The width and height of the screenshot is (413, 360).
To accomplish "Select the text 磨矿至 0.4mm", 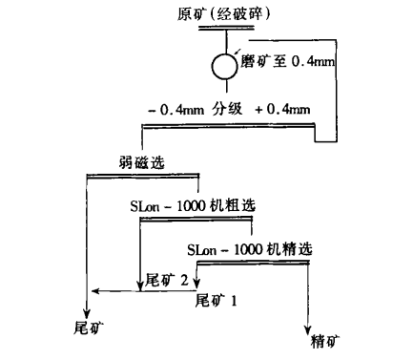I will point(287,62).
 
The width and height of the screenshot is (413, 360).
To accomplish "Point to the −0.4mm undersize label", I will point(176,111).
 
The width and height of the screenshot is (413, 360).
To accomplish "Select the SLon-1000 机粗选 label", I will point(195,205).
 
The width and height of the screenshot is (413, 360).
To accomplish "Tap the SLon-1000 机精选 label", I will point(250,251).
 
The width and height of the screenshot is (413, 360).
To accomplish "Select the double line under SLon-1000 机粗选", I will point(197,219).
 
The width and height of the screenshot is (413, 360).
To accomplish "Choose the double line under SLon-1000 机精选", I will point(251,265).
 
